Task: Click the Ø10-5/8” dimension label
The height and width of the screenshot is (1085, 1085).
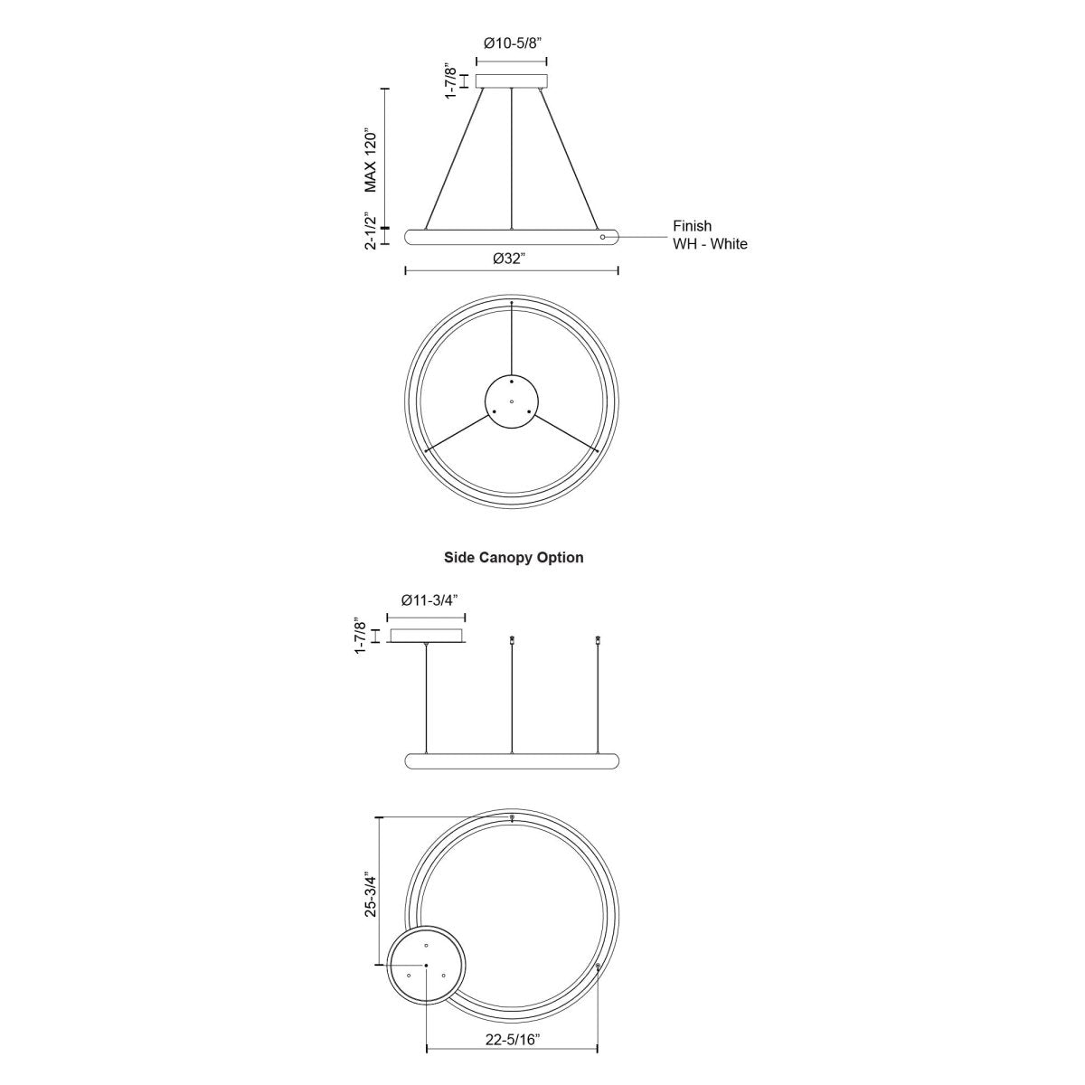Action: click(x=512, y=43)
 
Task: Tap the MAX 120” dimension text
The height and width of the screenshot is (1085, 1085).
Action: click(x=370, y=162)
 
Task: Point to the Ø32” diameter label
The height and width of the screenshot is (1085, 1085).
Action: click(x=509, y=259)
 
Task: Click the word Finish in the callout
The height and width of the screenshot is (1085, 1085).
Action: click(x=692, y=226)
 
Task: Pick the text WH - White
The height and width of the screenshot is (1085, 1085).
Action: click(x=710, y=244)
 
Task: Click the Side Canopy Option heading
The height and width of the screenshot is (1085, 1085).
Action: click(x=514, y=558)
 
